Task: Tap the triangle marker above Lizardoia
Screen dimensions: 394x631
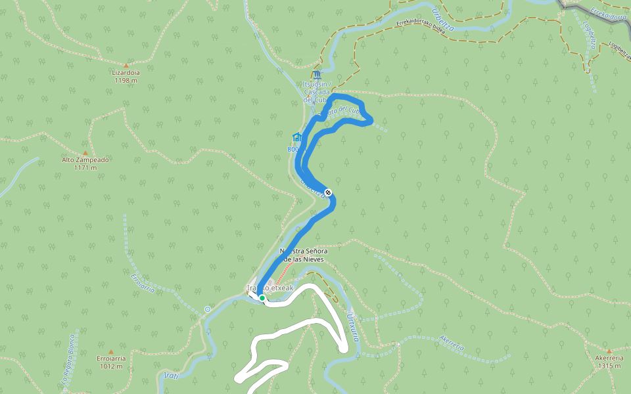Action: click(x=126, y=66)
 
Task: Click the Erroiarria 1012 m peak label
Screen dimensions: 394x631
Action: click(x=110, y=362)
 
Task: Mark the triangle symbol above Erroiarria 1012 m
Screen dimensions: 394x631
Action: click(x=110, y=351)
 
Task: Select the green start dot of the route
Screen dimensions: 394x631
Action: click(x=262, y=298)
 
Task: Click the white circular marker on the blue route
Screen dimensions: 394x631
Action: click(x=328, y=192)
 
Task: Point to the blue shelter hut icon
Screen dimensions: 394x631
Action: click(x=297, y=137)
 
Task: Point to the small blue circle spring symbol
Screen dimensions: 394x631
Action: click(x=208, y=309)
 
